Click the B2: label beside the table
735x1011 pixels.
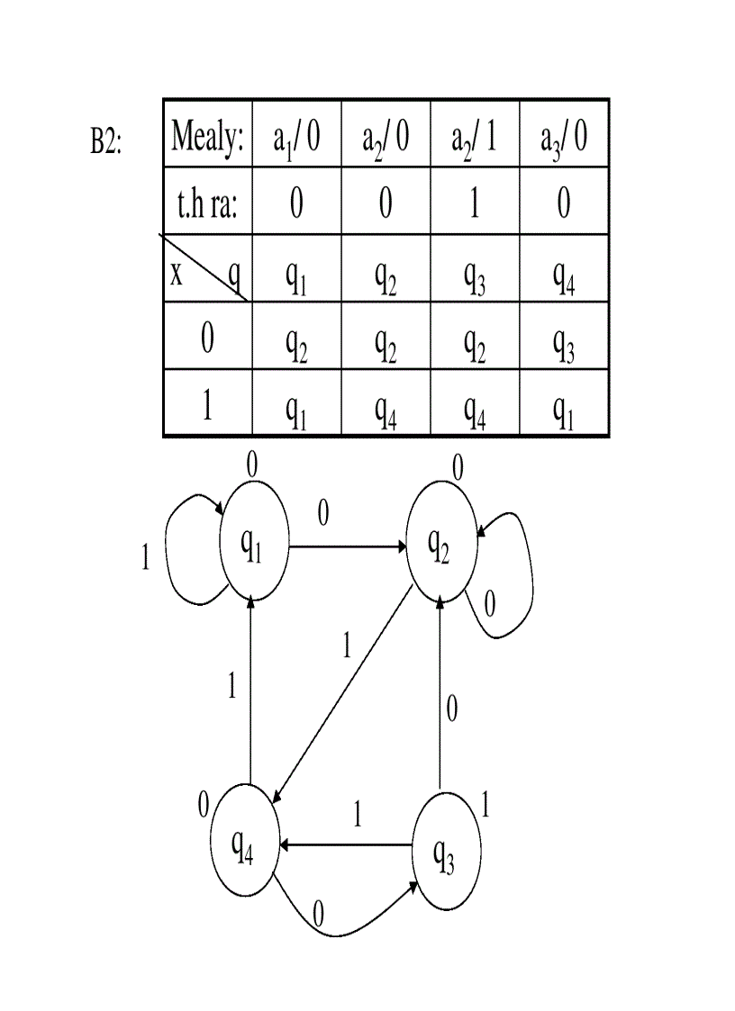[x=105, y=141]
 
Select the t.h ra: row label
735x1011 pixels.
[x=207, y=204]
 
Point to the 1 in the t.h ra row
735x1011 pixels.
[x=475, y=204]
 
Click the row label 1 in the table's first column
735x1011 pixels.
[x=207, y=407]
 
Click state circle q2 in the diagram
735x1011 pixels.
[x=440, y=546]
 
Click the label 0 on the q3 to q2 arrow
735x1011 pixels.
[x=452, y=709]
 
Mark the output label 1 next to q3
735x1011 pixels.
[x=486, y=806]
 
